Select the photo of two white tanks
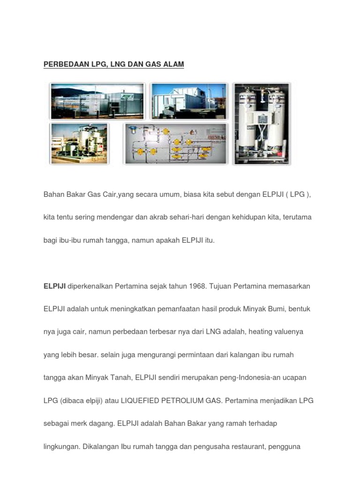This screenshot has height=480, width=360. (x=262, y=123)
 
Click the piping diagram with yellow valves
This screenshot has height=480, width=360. (x=175, y=143)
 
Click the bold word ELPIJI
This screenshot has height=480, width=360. (x=54, y=286)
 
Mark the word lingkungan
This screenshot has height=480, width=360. (x=61, y=446)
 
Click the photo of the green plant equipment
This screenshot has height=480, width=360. (x=79, y=143)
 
